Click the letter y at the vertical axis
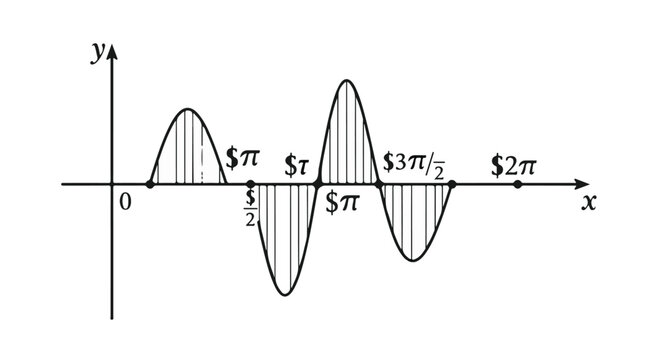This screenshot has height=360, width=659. click(x=97, y=54)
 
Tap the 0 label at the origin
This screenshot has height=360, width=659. click(x=125, y=202)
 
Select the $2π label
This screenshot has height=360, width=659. click(x=513, y=164)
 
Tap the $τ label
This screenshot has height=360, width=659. click(x=297, y=163)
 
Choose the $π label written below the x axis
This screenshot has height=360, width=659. click(x=342, y=200)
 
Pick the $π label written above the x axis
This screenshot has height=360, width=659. click(x=242, y=158)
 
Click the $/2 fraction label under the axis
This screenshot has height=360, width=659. click(x=251, y=207)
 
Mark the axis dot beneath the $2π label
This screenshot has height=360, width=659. click(x=517, y=185)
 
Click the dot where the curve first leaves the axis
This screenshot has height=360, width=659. click(x=150, y=185)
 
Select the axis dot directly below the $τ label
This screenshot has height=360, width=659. click(x=317, y=185)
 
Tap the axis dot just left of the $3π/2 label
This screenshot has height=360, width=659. click(x=379, y=185)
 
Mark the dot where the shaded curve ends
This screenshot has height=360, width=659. click(x=452, y=185)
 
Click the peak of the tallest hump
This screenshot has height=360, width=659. click(x=346, y=80)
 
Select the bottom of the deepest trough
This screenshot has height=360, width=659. click(x=285, y=294)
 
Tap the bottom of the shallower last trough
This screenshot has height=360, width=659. click(x=414, y=260)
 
